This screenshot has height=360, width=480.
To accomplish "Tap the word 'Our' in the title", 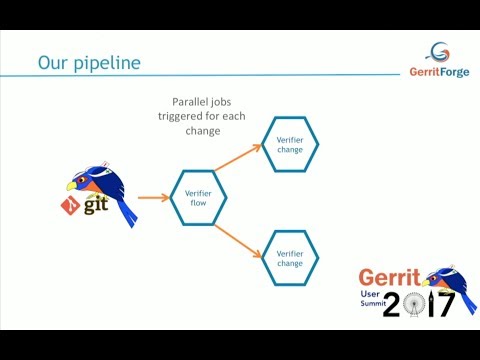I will point(53,62).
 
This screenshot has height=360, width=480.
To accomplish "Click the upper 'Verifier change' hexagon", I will point(290,144).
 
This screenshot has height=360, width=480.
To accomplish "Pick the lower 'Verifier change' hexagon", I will point(290,258).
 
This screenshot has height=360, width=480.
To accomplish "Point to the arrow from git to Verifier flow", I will point(152,198).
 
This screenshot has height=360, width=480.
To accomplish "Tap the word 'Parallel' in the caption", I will point(189,101).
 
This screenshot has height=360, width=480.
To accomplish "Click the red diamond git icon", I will point(71,206).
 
